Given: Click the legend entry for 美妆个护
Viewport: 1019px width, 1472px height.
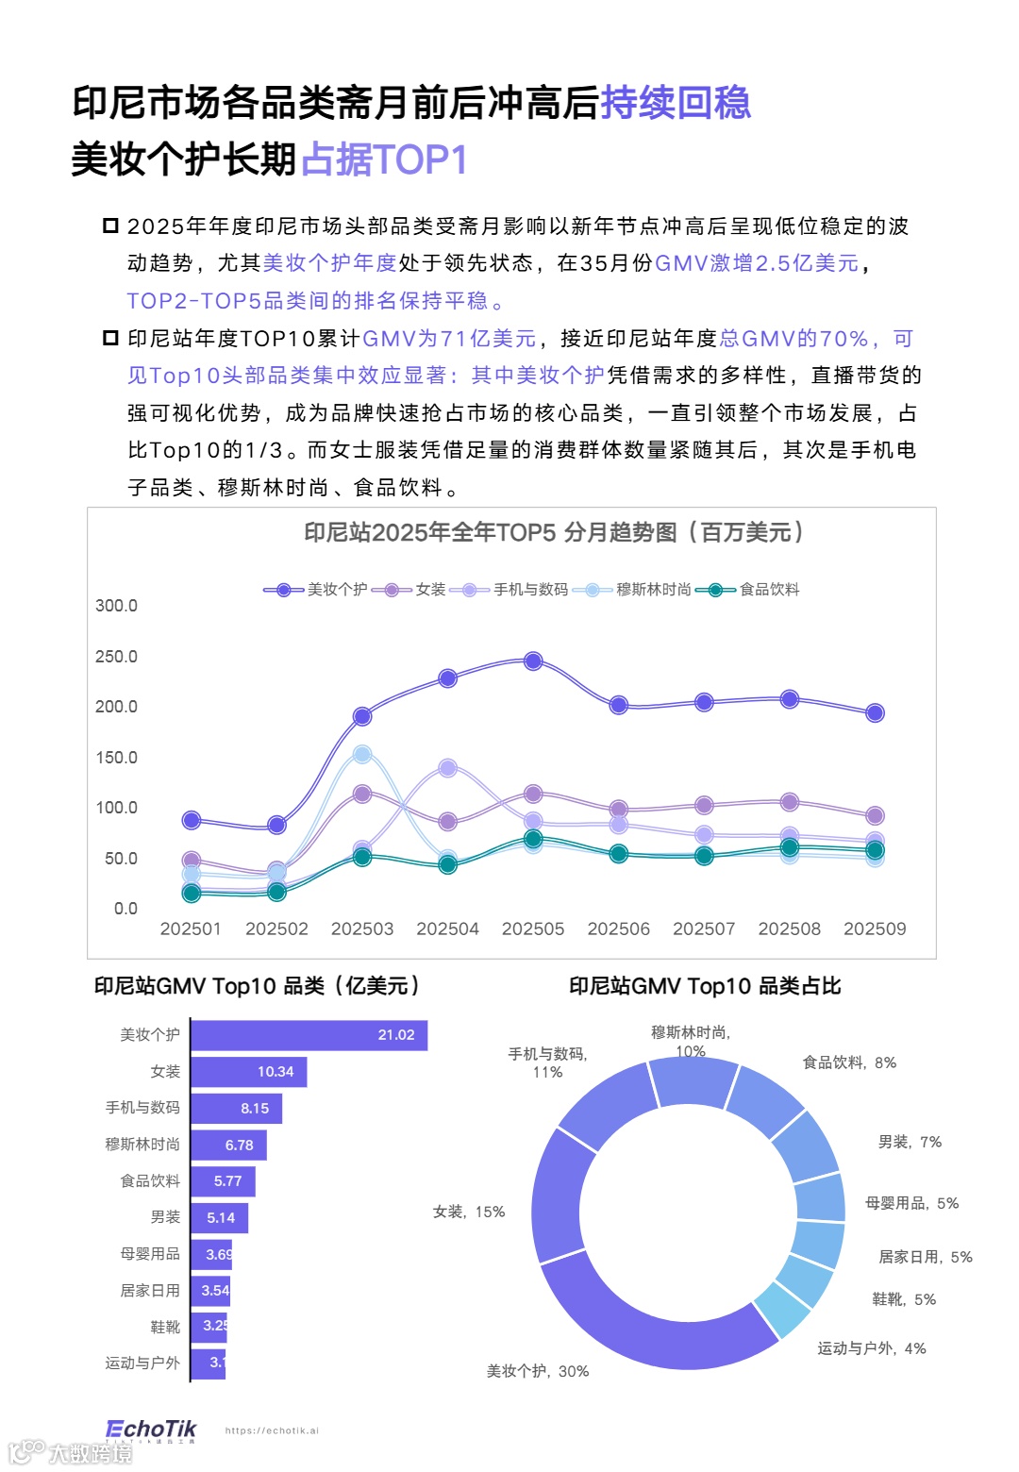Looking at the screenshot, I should [316, 590].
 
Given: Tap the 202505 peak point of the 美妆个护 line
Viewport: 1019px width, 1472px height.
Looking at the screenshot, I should [533, 661].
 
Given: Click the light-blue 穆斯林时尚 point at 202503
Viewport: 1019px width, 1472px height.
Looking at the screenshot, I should [362, 755].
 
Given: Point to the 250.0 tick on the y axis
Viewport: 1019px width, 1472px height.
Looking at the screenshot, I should [116, 657].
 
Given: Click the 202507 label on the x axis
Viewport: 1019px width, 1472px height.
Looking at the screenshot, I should [704, 929].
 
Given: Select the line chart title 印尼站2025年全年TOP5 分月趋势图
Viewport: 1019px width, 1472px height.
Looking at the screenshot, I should [554, 533].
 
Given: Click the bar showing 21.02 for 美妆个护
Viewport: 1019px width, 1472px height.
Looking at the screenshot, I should [309, 1035].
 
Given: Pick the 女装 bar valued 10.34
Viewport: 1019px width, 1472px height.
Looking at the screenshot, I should [248, 1072].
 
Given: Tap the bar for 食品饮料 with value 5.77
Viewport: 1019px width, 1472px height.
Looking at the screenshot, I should [223, 1181].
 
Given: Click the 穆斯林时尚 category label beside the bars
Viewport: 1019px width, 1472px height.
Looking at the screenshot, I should [142, 1145].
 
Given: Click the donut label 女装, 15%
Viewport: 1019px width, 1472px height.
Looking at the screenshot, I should [469, 1213].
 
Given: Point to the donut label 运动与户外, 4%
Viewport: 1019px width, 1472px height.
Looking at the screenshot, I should [871, 1349].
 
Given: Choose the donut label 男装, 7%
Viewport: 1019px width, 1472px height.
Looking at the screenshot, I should [910, 1143].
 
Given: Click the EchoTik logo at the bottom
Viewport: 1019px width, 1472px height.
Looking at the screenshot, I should [151, 1430].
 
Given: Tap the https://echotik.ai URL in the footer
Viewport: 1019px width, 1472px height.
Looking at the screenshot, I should [272, 1431].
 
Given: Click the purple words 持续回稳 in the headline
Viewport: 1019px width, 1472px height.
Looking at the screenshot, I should [676, 103].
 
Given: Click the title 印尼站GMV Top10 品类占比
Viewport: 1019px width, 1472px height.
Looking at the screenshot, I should [705, 987].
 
